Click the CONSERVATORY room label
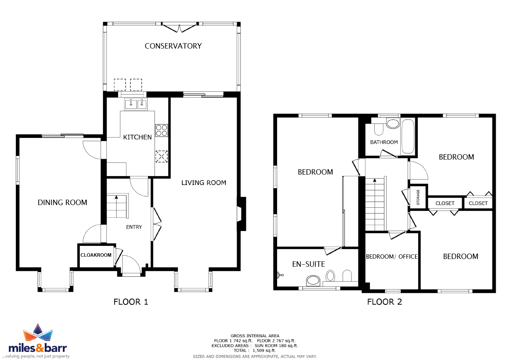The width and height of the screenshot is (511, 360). [x=173, y=46]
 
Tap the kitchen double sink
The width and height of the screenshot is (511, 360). [x=136, y=104]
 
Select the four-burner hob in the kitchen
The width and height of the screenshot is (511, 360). [x=161, y=130]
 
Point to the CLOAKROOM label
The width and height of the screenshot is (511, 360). [x=96, y=255]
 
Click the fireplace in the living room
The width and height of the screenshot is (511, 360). [x=241, y=214]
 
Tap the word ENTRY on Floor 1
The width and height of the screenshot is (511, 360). [x=134, y=227]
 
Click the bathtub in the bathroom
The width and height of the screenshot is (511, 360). [x=408, y=136]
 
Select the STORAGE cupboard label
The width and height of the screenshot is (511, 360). [x=418, y=197]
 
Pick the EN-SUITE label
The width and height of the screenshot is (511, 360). [x=308, y=264]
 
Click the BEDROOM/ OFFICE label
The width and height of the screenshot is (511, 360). [x=392, y=257]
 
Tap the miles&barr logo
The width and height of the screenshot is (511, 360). [x=38, y=341]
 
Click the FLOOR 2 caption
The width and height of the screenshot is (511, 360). [x=384, y=302]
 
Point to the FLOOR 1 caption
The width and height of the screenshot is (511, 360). [x=131, y=302]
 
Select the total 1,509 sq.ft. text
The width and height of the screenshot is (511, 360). [x=255, y=350]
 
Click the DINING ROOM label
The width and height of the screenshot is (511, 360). [x=62, y=203]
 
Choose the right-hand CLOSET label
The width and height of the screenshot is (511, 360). [x=478, y=203]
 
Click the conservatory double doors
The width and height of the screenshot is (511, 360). [x=180, y=27]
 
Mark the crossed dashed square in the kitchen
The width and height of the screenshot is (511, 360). [x=161, y=156]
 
